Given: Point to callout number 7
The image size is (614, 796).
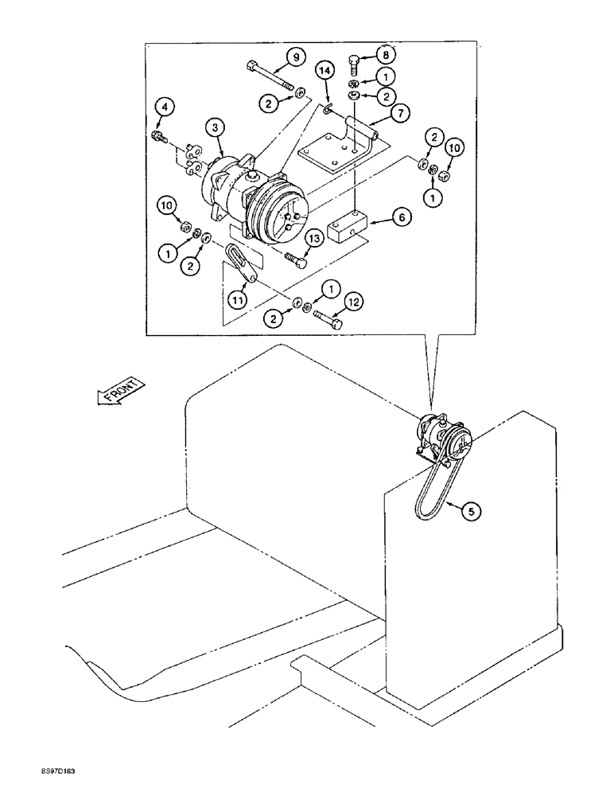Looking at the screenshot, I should click(400, 114).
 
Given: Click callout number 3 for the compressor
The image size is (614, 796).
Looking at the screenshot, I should click(214, 126).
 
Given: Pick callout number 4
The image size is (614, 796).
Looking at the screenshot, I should click(162, 105).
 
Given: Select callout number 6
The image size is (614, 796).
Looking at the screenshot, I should click(400, 217).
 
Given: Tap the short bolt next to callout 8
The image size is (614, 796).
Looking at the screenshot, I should click(355, 63).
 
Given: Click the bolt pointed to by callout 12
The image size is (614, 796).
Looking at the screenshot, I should click(327, 319).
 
